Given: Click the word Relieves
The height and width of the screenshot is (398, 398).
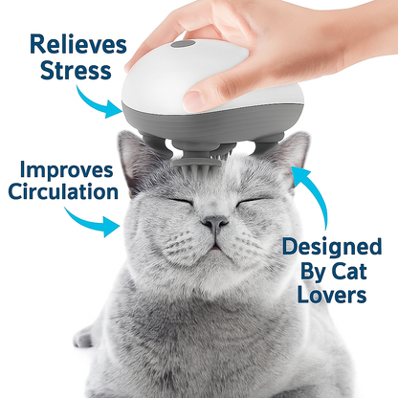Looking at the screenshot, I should (77, 43).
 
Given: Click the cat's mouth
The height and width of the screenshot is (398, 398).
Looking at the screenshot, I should (215, 243).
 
